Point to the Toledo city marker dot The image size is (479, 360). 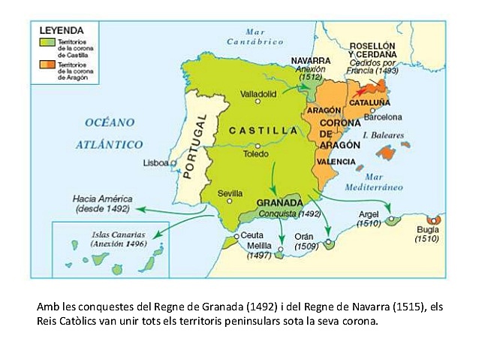tap(258, 146)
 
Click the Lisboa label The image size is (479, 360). tap(156, 163)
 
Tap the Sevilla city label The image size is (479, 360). tap(230, 192)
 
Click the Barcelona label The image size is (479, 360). tap(383, 117)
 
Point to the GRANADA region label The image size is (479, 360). tap(279, 203)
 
